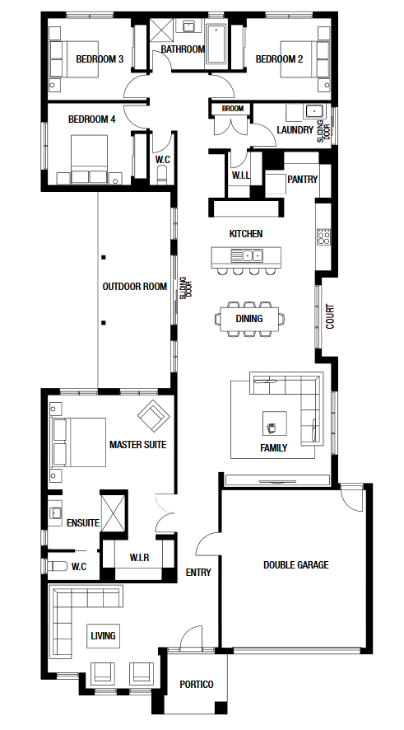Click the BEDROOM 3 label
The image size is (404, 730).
pyautogui.click(x=100, y=59)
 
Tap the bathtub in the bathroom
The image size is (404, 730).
pyautogui.click(x=217, y=44)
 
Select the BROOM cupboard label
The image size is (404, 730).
pyautogui.click(x=233, y=109)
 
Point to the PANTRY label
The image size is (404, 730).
pyautogui.click(x=302, y=180)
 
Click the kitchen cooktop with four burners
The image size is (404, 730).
pyautogui.click(x=324, y=237)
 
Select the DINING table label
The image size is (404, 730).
pyautogui.click(x=249, y=318)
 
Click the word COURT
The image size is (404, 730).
pyautogui.click(x=330, y=317)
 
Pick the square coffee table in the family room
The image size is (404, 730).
pyautogui.click(x=274, y=423)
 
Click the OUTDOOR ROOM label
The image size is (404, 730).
pyautogui.click(x=135, y=287)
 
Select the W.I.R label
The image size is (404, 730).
pyautogui.click(x=140, y=557)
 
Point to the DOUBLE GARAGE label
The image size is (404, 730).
pyautogui.click(x=295, y=565)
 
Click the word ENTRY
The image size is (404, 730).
pyautogui.click(x=198, y=572)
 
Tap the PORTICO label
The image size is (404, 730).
pyautogui.click(x=197, y=685)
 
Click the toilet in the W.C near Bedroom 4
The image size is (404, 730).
pyautogui.click(x=162, y=174)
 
